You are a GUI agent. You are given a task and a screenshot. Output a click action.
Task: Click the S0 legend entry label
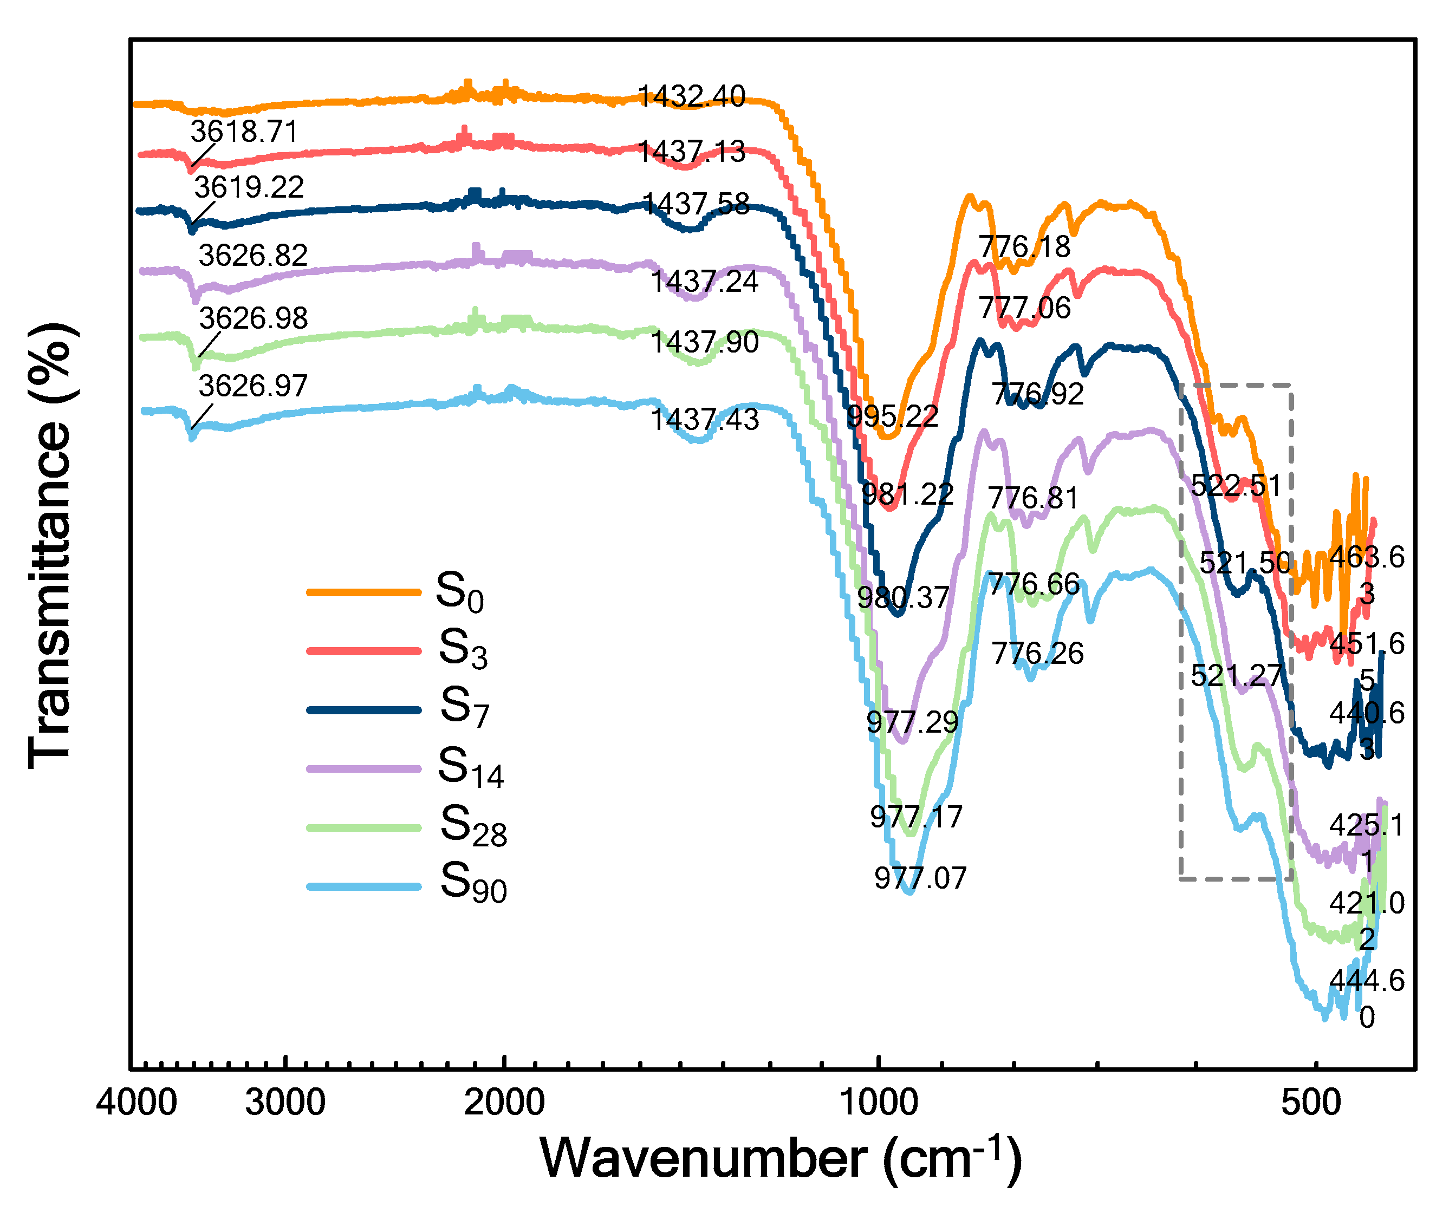click(x=459, y=593)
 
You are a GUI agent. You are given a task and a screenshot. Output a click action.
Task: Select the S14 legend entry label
click(x=470, y=768)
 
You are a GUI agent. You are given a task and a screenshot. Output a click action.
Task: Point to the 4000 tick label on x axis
click(x=136, y=1103)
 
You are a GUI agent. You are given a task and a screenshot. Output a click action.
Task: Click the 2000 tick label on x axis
click(x=504, y=1103)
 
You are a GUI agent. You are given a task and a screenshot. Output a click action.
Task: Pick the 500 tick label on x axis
click(x=1311, y=1103)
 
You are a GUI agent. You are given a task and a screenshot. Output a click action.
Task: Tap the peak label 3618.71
click(x=244, y=132)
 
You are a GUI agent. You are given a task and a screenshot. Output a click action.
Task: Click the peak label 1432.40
click(x=691, y=96)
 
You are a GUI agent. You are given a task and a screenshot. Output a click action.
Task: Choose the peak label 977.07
click(x=920, y=879)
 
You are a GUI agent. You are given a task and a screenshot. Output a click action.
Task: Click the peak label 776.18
click(x=1025, y=247)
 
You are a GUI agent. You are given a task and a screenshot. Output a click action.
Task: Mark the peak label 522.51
click(x=1236, y=486)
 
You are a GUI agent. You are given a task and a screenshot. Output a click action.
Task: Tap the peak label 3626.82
click(x=252, y=256)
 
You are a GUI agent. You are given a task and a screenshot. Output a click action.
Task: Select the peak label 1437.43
click(x=704, y=420)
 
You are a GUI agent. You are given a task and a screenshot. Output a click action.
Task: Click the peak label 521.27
click(x=1236, y=676)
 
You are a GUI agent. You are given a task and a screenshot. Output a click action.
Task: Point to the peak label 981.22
click(x=907, y=494)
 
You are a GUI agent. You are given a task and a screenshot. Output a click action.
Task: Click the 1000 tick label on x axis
click(x=879, y=1103)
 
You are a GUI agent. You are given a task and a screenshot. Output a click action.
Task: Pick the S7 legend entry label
click(x=464, y=708)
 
